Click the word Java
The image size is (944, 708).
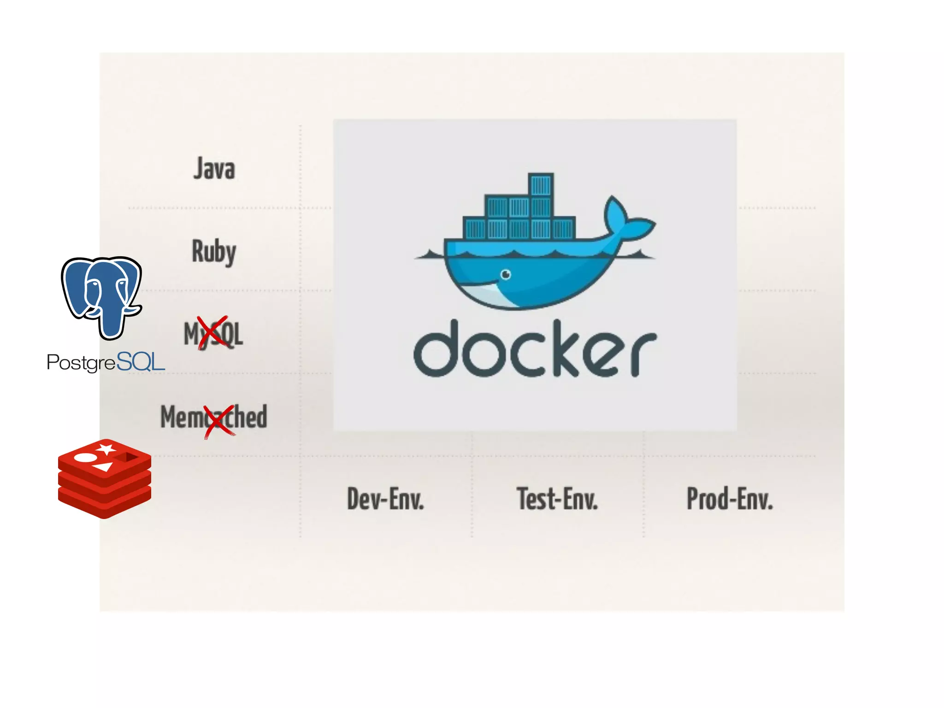[x=214, y=169]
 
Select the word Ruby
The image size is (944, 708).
[x=214, y=252]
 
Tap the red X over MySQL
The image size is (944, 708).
[x=212, y=332]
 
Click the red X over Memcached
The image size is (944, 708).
[x=219, y=420]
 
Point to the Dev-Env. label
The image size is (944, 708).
[x=385, y=499]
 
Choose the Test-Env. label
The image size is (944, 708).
[x=557, y=499]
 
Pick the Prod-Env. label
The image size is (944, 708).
[x=730, y=499]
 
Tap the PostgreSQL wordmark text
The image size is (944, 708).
[x=106, y=362]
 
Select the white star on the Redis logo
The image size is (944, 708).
[x=106, y=448]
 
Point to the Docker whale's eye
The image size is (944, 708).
[x=506, y=275]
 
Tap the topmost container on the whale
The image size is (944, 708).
[x=541, y=185]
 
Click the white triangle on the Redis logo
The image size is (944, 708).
[x=103, y=467]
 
